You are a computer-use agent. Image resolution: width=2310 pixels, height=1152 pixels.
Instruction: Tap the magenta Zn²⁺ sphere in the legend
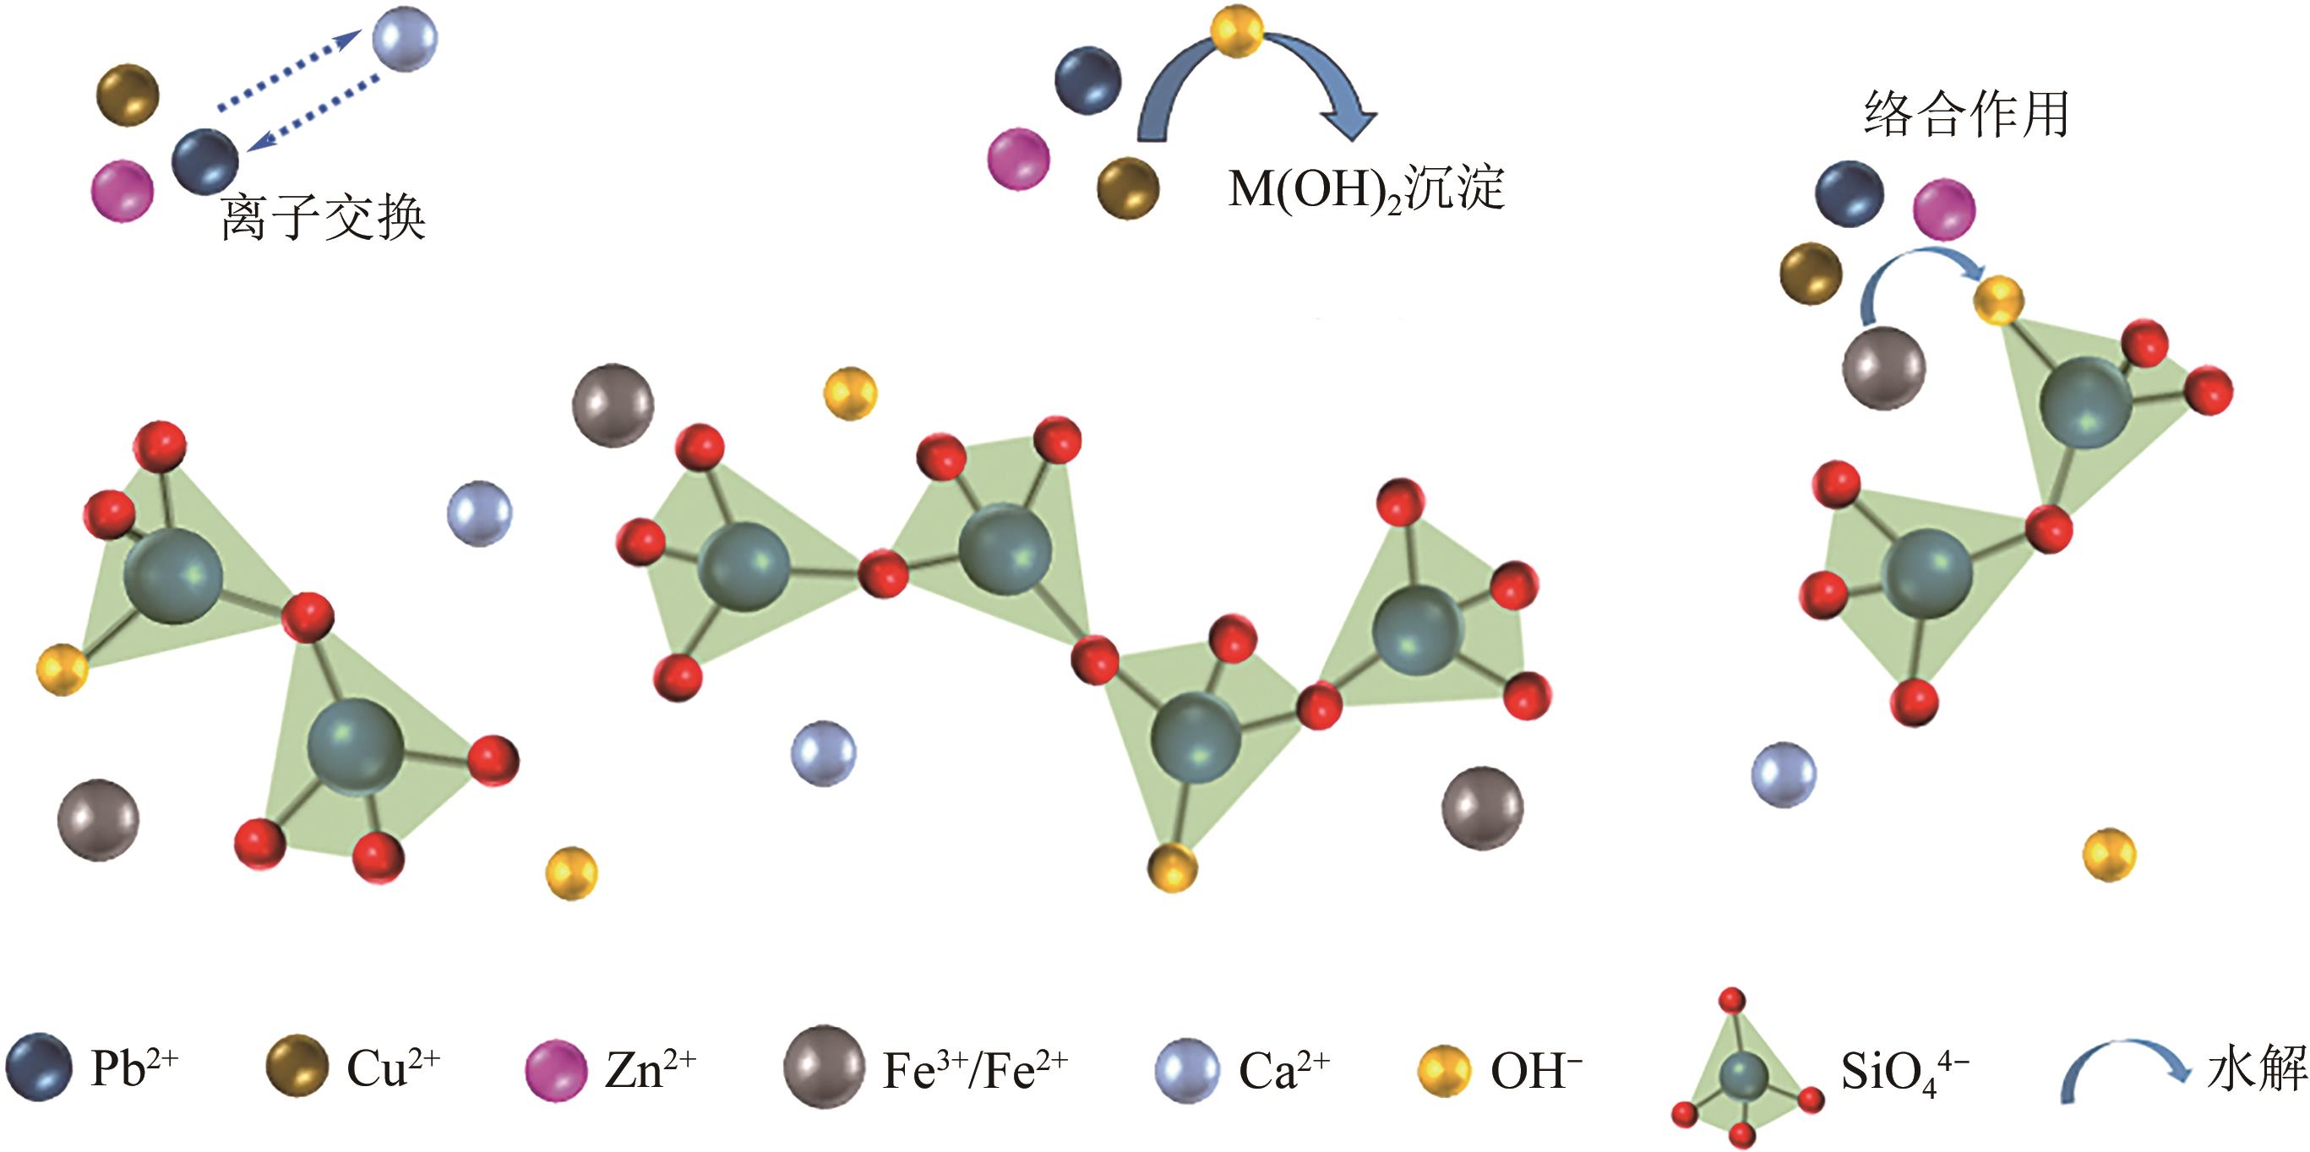[x=555, y=1068]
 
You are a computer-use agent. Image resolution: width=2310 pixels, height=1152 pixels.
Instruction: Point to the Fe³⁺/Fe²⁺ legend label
[x=975, y=1068]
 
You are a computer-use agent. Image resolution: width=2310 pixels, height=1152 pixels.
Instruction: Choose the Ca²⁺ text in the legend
[x=1283, y=1068]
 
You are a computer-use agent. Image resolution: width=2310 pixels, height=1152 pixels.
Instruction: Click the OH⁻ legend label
[x=1536, y=1068]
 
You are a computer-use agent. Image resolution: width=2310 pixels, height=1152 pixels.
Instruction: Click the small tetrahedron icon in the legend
[x=1743, y=1071]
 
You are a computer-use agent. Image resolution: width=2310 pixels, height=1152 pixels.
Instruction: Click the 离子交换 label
[x=323, y=217]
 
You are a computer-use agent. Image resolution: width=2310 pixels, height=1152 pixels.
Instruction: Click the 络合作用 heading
[x=1965, y=115]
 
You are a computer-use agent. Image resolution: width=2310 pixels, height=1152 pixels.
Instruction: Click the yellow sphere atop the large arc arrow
[x=1237, y=31]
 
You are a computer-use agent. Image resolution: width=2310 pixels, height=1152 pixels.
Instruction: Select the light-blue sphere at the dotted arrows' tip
[x=405, y=38]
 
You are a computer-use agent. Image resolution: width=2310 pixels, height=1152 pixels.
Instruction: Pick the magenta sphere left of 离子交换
[x=123, y=191]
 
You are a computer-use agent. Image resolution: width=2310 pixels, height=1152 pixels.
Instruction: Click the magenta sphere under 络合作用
[x=1943, y=209]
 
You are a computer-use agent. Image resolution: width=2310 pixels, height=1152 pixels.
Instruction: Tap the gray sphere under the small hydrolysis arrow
[x=1883, y=367]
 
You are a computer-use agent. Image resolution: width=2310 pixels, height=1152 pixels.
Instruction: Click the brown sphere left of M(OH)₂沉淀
[x=1128, y=188]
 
